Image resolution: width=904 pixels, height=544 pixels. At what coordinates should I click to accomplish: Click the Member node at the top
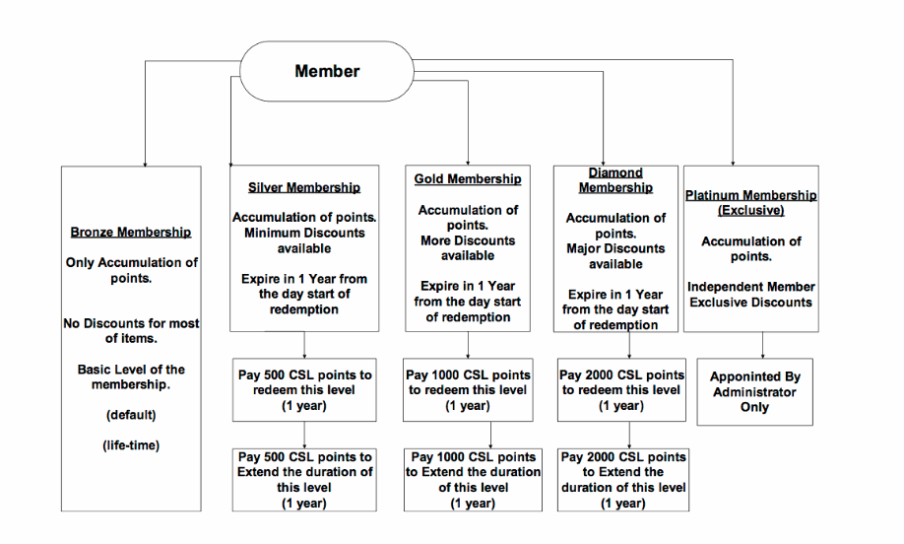[327, 71]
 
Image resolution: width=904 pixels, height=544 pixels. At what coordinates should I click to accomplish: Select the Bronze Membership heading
[131, 232]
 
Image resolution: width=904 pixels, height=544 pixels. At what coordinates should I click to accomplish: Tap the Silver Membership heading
[304, 187]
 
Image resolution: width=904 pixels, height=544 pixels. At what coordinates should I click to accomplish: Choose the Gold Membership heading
[468, 178]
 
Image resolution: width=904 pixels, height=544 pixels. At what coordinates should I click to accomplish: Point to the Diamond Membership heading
[615, 180]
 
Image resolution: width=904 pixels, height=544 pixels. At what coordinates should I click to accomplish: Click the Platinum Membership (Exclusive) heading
[750, 202]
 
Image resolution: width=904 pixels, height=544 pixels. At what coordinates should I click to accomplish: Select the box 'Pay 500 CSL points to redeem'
[304, 390]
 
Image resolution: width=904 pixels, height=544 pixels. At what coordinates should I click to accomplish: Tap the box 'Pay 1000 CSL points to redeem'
[468, 390]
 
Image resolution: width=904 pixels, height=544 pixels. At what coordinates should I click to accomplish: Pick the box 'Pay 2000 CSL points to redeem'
[621, 390]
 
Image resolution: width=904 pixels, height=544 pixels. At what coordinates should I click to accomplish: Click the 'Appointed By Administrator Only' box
[754, 391]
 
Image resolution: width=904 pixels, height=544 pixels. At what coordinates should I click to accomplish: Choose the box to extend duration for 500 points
[304, 480]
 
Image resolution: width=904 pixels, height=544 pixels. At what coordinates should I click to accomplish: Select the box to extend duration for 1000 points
[473, 480]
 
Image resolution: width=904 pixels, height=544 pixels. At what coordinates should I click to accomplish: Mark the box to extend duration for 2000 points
[623, 480]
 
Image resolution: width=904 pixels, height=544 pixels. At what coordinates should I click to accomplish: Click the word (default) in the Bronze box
[131, 415]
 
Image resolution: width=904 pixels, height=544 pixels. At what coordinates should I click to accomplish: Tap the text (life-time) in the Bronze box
[131, 445]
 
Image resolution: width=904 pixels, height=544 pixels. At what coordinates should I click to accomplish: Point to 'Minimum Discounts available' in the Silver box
[304, 240]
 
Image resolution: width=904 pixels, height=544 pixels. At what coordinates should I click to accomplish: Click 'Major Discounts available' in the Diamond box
[615, 256]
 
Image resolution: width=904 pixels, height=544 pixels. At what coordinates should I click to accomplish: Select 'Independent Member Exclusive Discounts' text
[750, 295]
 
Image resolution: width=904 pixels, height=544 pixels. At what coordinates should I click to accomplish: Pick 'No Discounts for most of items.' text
[131, 330]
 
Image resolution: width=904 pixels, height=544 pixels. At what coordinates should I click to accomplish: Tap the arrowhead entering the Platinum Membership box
[733, 164]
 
